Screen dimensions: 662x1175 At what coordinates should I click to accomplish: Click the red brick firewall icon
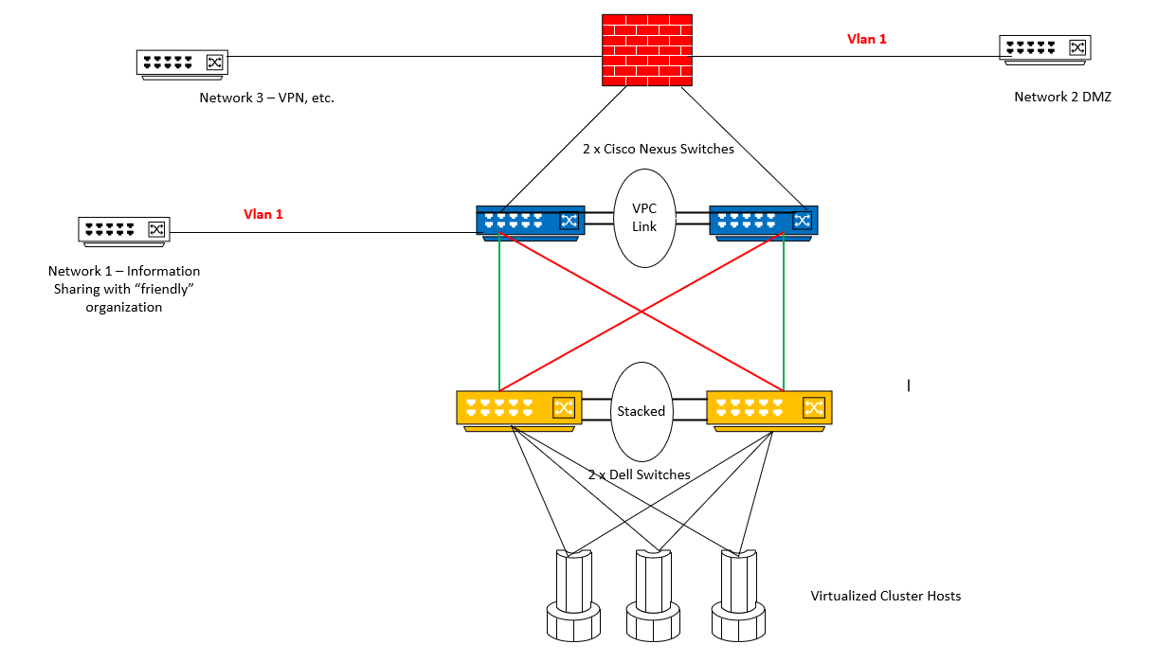click(x=646, y=50)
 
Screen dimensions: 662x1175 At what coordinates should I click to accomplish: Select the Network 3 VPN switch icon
click(x=181, y=63)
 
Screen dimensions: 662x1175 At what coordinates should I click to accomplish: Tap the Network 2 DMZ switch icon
click(x=1044, y=48)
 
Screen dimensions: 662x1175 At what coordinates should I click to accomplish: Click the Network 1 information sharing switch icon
click(x=123, y=229)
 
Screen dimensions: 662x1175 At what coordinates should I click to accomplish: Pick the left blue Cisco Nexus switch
click(x=530, y=222)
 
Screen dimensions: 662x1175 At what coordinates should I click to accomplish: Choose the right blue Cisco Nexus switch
click(x=763, y=222)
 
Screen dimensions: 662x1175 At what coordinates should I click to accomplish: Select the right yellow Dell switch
click(x=768, y=409)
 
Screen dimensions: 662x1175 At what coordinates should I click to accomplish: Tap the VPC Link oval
click(x=644, y=218)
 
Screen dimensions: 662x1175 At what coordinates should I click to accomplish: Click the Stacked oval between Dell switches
click(x=642, y=411)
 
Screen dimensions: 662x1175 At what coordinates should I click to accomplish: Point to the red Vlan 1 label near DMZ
click(x=866, y=40)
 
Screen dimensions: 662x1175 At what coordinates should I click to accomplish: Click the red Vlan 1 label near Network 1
click(x=263, y=215)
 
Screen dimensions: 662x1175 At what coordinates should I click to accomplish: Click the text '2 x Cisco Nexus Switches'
click(x=658, y=149)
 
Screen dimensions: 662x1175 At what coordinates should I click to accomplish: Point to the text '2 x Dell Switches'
click(x=640, y=474)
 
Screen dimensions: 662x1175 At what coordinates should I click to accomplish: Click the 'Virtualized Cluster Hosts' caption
click(x=885, y=596)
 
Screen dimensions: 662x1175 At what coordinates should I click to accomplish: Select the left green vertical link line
click(x=499, y=313)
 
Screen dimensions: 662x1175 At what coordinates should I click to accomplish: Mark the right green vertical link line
click(x=784, y=313)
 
